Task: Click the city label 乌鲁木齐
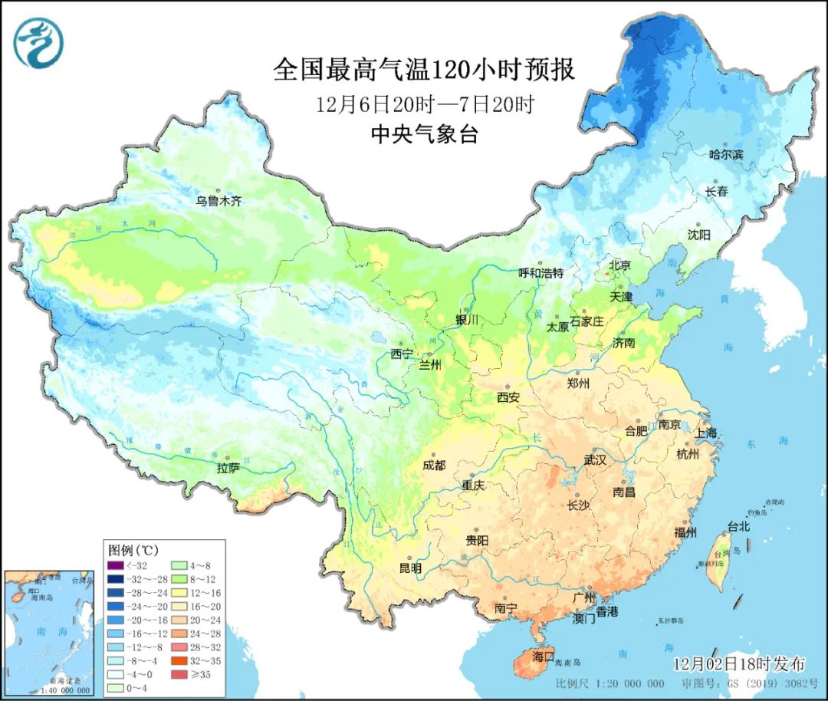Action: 219,201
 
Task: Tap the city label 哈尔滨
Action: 726,154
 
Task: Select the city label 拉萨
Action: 228,467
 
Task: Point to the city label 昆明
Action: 410,568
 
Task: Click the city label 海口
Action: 543,657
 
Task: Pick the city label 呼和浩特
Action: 541,272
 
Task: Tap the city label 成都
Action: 433,465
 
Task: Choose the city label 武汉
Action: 595,459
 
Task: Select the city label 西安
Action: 508,397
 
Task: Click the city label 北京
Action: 619,265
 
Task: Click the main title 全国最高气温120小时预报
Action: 424,71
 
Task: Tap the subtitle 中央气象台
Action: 424,135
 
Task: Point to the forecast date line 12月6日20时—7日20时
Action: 424,104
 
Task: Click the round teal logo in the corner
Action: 38,43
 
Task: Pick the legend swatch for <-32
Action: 117,565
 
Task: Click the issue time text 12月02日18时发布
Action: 739,663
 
